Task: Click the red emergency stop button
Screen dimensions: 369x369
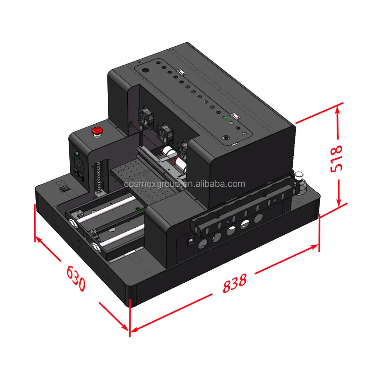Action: tap(97, 132)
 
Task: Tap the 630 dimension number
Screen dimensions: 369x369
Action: tap(76, 278)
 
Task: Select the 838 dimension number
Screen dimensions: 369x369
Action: tap(235, 283)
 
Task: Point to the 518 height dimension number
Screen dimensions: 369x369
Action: tap(336, 159)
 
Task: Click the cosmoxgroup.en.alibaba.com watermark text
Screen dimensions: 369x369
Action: tap(184, 184)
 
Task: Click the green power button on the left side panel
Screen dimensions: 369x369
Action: tap(77, 154)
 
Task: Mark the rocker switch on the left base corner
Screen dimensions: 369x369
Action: tap(63, 189)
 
